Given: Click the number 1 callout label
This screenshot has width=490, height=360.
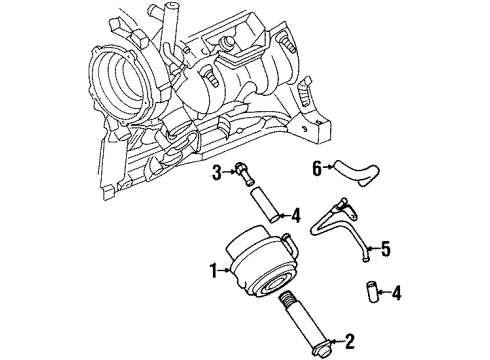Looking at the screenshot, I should pos(212,268).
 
